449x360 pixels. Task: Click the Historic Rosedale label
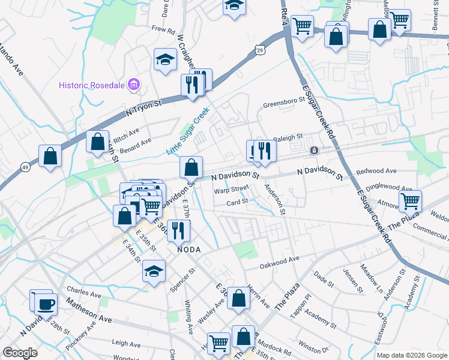pos(92,85)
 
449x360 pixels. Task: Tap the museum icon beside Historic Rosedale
pos(134,85)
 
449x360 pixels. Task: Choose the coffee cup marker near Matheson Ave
pos(46,304)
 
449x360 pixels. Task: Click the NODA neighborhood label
pos(188,249)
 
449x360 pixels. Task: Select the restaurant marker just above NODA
pos(178,230)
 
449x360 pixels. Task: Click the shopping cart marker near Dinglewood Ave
pos(410,201)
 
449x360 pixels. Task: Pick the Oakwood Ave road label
pos(279,262)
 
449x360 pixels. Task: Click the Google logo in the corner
pos(20,352)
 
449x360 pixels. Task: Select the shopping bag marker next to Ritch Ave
pos(97,143)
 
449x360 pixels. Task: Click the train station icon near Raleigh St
pos(313,150)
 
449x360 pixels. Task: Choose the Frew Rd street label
pos(163,29)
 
